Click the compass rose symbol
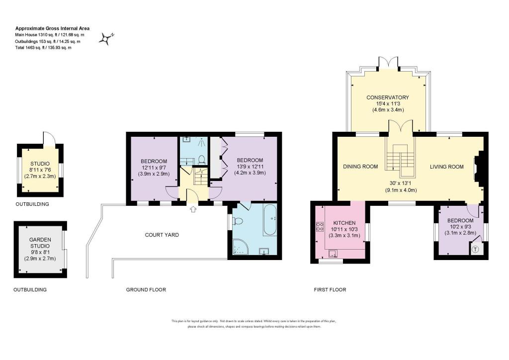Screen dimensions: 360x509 coord(106,39)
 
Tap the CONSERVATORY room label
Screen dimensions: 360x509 coord(388,97)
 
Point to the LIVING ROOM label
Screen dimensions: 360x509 coord(447,167)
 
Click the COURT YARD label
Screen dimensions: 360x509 coord(162,235)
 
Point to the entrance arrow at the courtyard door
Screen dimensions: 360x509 coord(193,209)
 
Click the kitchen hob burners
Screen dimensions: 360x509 coord(319,227)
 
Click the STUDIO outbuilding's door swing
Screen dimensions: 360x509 coord(49,138)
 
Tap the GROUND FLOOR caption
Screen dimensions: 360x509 coord(146,289)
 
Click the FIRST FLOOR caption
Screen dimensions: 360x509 coord(330,289)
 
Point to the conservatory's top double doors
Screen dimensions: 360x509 coord(388,64)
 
